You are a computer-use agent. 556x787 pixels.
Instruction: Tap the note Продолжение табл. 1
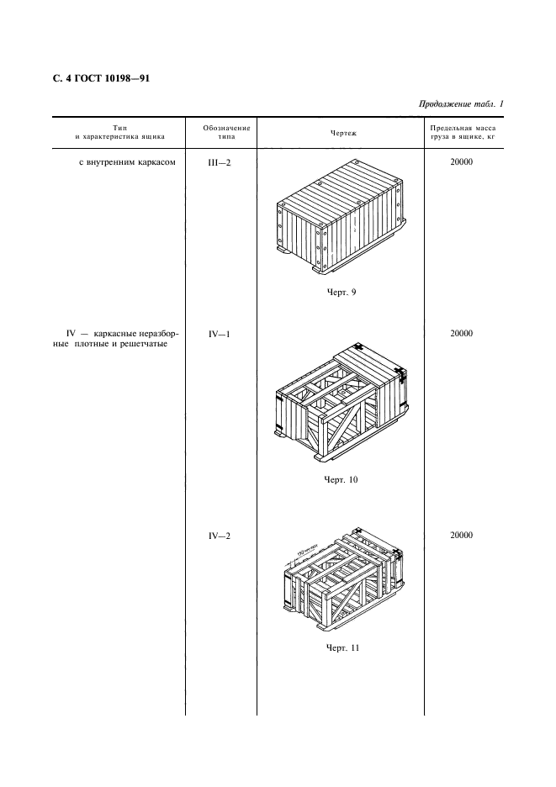click(x=461, y=104)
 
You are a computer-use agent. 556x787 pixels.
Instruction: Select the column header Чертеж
click(x=343, y=133)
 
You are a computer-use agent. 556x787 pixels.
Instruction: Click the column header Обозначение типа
click(x=226, y=132)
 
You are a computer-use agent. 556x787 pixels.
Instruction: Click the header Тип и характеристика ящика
click(x=120, y=132)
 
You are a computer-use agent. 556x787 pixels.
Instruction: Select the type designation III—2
click(x=219, y=162)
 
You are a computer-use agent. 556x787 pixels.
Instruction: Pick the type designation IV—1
click(x=219, y=335)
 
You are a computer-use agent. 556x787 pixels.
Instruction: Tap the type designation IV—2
click(x=219, y=536)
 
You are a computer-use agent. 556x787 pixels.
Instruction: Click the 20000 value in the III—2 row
click(x=461, y=162)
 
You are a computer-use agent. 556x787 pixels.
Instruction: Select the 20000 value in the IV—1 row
click(x=461, y=333)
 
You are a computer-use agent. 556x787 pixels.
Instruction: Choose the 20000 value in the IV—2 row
click(x=461, y=535)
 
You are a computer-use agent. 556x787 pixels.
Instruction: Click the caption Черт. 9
click(x=342, y=292)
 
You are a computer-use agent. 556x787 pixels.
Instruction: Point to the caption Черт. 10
click(x=341, y=479)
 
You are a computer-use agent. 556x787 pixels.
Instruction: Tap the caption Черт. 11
click(x=342, y=647)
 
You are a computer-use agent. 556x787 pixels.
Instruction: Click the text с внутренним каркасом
click(x=128, y=162)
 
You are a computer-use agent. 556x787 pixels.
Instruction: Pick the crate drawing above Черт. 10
click(x=342, y=402)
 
